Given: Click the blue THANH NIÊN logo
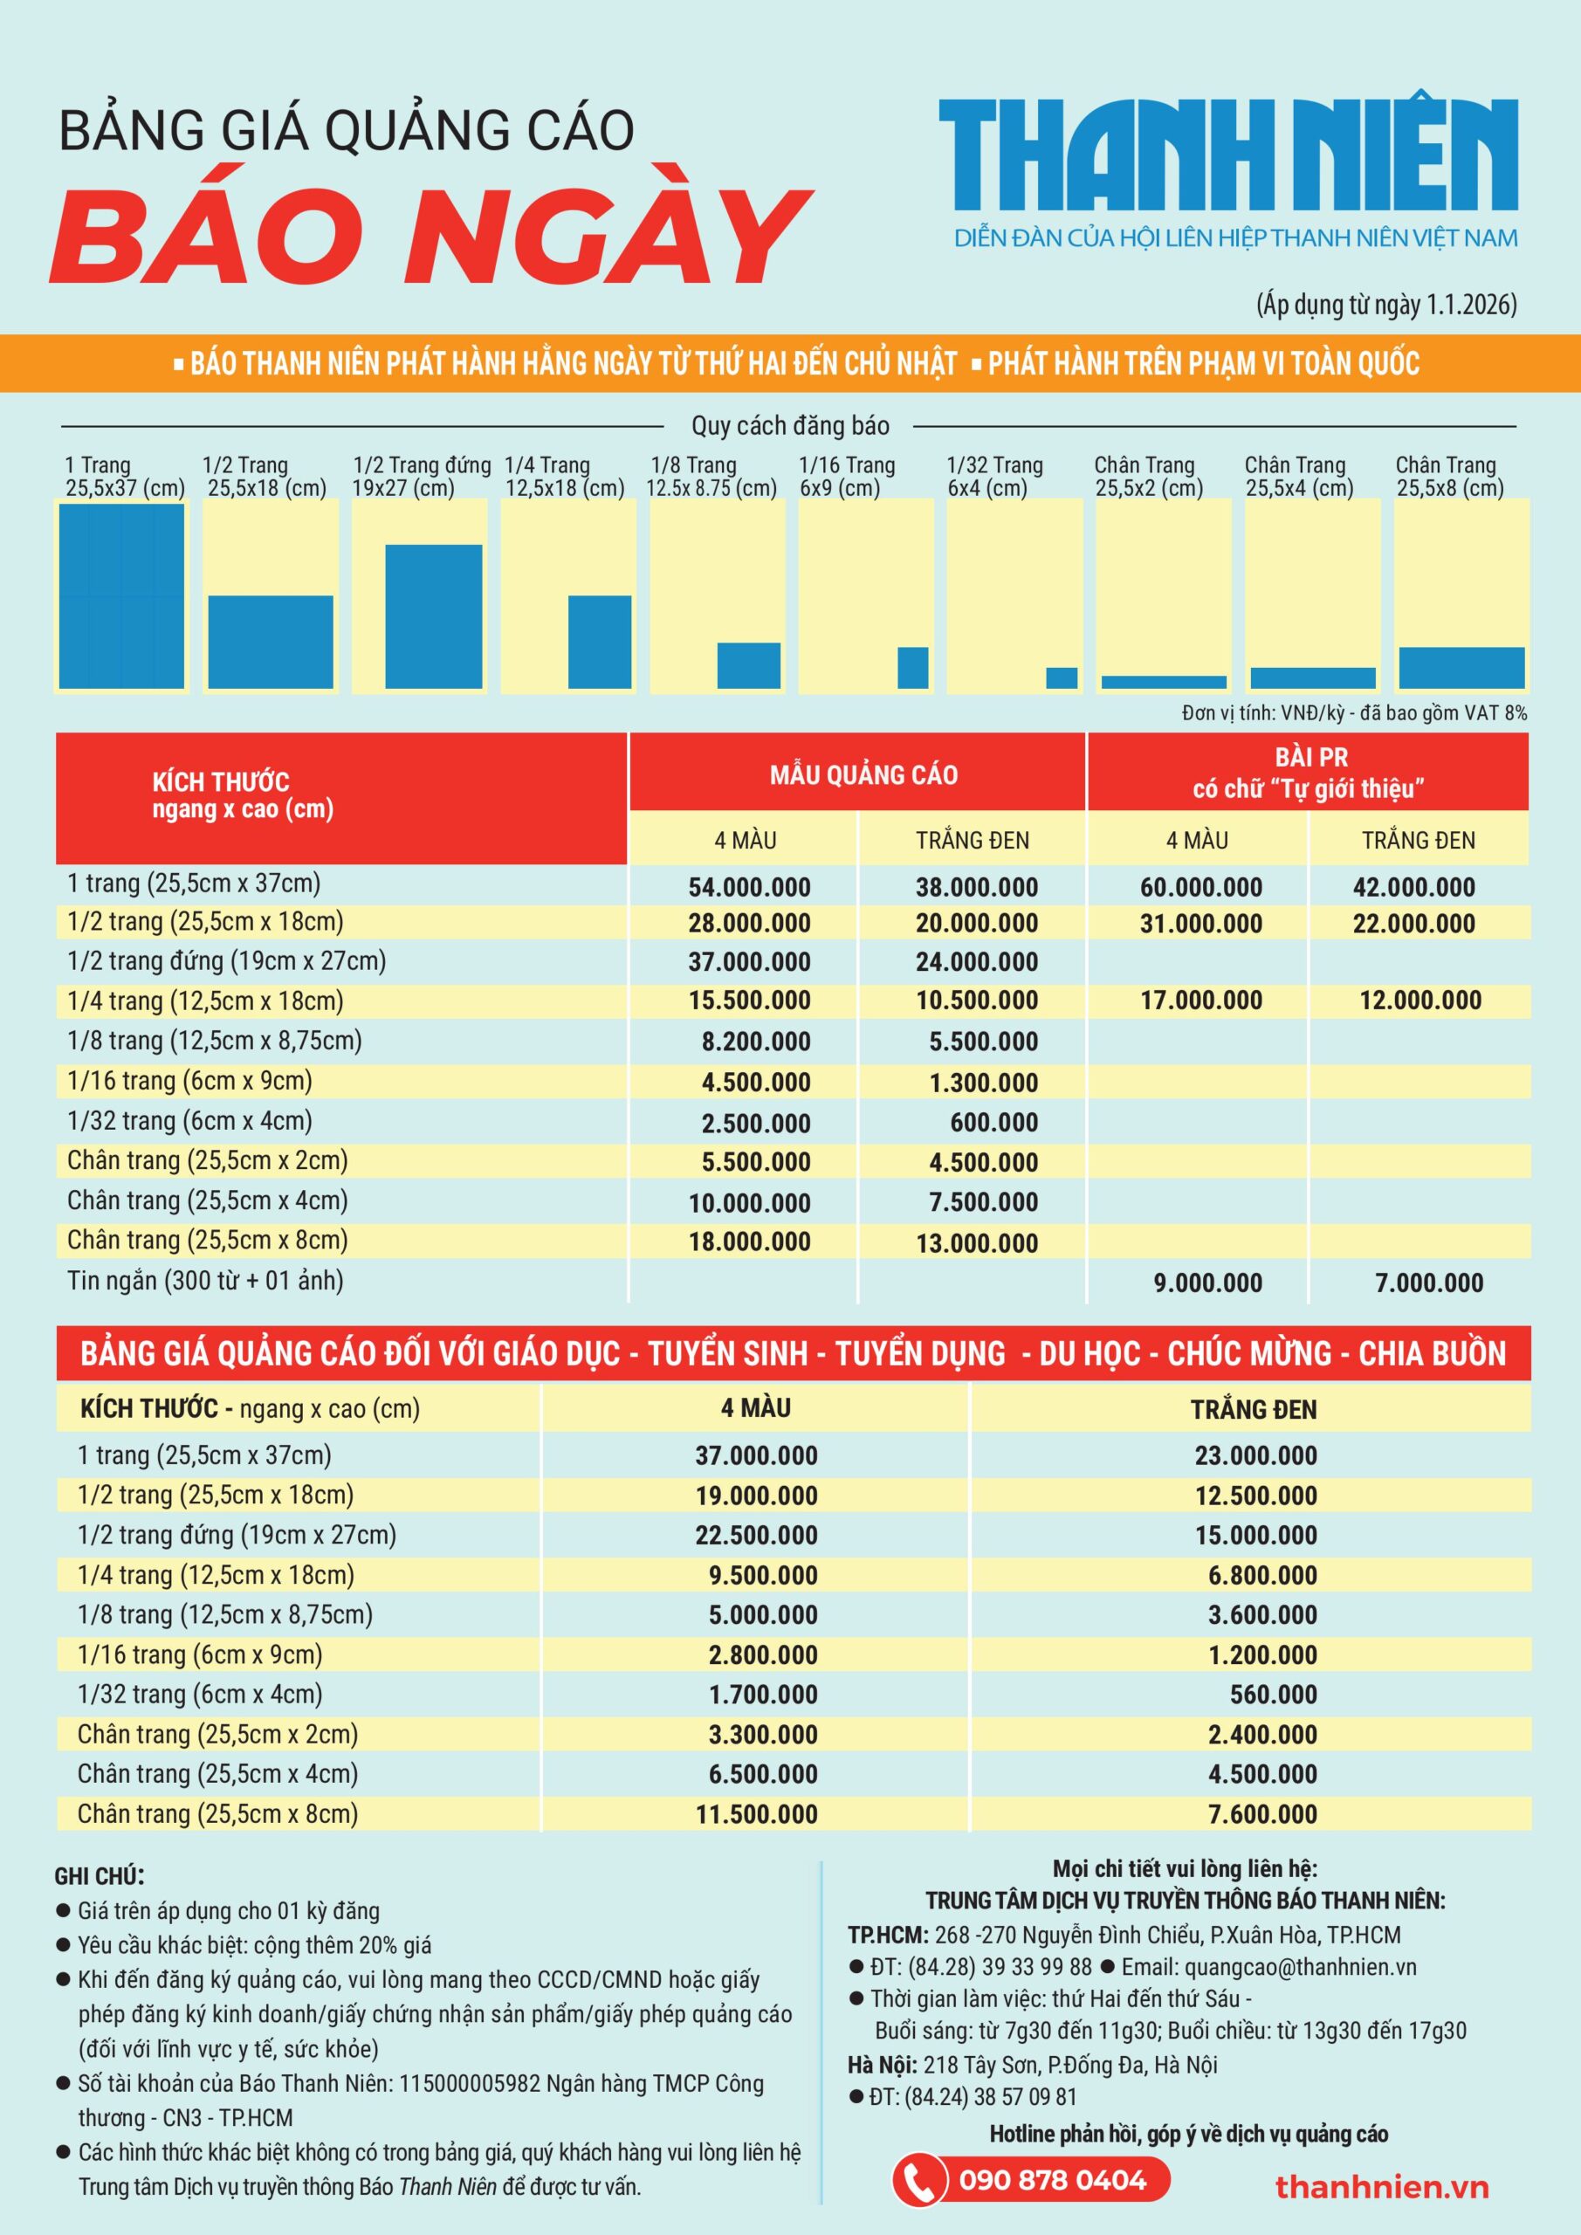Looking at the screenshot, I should pyautogui.click(x=1227, y=154).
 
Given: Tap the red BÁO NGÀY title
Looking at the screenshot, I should pyautogui.click(x=431, y=237).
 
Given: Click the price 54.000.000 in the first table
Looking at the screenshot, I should pyautogui.click(x=749, y=887).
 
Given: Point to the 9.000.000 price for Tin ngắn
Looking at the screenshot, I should pyautogui.click(x=1207, y=1283).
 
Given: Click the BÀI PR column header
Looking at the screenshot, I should pyautogui.click(x=1309, y=772).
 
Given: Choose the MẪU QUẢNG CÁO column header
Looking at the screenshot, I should pyautogui.click(x=863, y=775).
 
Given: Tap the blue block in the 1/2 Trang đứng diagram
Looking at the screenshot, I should pyautogui.click(x=433, y=616).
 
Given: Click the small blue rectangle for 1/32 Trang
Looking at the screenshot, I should pyautogui.click(x=1062, y=677).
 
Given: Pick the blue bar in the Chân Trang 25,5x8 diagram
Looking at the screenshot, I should pyautogui.click(x=1461, y=668).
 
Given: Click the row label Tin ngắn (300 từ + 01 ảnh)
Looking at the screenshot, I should pyautogui.click(x=205, y=1281).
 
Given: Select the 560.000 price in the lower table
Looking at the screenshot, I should pyautogui.click(x=1272, y=1695).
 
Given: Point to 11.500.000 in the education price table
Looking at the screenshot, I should pyautogui.click(x=755, y=1814).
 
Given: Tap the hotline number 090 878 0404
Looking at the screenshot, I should pyautogui.click(x=1052, y=2178).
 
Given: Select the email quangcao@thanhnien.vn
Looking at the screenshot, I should pyautogui.click(x=1301, y=1966).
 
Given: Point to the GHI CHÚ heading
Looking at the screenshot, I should pyautogui.click(x=100, y=1876).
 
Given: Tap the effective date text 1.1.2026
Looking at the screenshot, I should pyautogui.click(x=1470, y=305).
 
